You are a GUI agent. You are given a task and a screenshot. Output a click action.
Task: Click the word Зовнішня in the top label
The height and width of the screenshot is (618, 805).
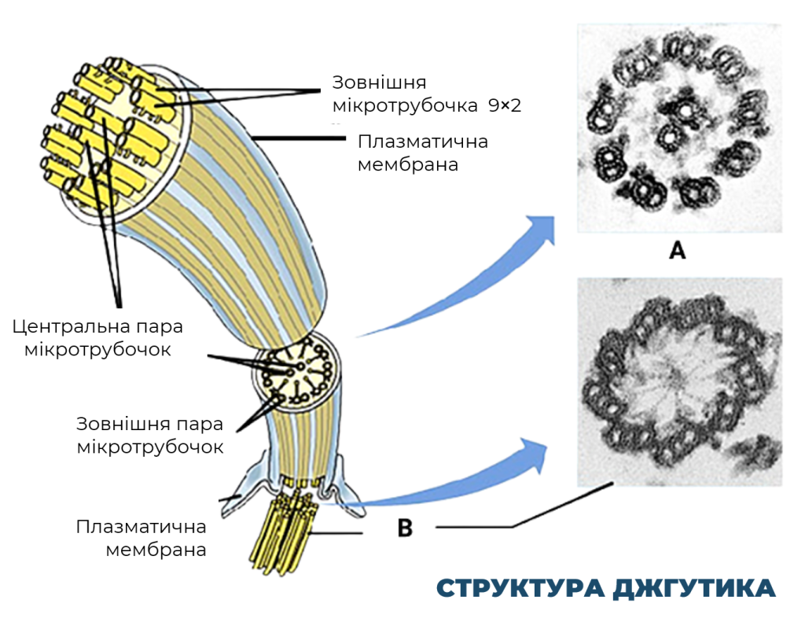[379, 82]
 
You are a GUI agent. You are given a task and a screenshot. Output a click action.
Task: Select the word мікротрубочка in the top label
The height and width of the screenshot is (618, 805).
[405, 106]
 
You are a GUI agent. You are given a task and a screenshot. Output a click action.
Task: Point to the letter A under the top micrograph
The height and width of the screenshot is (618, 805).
[678, 251]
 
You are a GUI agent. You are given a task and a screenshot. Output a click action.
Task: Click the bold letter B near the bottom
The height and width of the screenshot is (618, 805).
[405, 528]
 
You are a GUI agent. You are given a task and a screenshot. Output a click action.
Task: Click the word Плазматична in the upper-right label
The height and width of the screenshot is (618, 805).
[422, 142]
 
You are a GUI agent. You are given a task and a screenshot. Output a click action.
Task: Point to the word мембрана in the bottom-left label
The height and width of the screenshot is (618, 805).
[156, 550]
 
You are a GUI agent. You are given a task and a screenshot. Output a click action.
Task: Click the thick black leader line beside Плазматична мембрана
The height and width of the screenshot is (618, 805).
[298, 138]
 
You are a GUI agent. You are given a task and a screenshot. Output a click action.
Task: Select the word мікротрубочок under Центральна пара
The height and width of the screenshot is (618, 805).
[97, 350]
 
